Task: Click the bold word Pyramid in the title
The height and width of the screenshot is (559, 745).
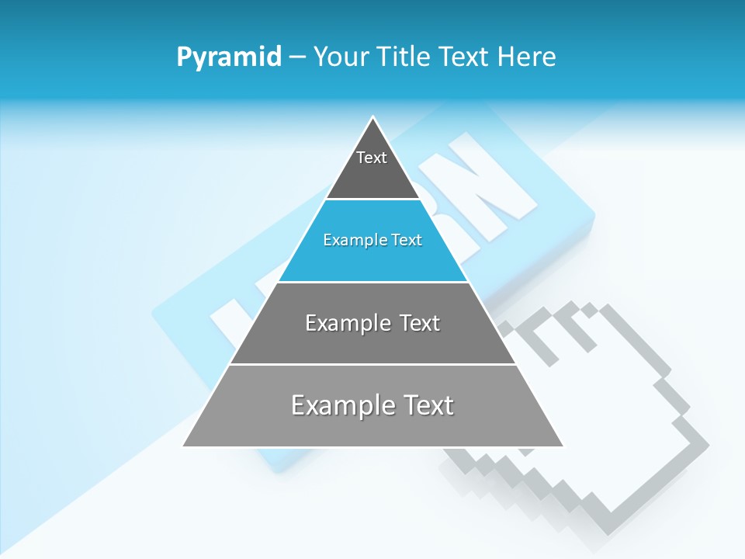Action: (x=229, y=57)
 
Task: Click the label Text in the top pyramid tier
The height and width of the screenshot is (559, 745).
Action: (x=372, y=158)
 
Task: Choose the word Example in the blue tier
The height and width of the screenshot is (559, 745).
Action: (x=352, y=240)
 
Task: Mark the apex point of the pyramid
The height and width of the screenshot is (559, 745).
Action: (x=373, y=117)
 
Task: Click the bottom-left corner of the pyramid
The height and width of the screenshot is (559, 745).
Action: (x=183, y=446)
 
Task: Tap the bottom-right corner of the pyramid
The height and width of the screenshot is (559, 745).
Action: (x=563, y=446)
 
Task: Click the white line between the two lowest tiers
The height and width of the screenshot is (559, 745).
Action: (x=372, y=364)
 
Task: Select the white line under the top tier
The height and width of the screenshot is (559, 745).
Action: (x=373, y=200)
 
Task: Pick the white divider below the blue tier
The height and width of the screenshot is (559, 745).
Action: (x=372, y=282)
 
